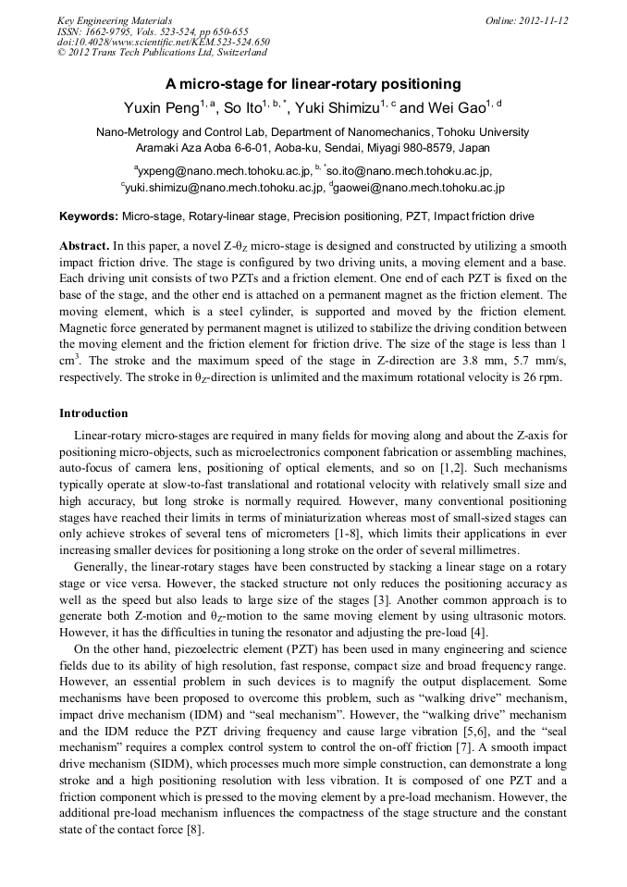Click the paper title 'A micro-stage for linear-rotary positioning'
(x=313, y=83)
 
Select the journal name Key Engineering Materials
(x=115, y=20)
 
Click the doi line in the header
(x=164, y=42)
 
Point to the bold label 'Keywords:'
(x=89, y=216)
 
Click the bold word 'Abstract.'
(x=84, y=247)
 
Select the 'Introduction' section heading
(x=93, y=413)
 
